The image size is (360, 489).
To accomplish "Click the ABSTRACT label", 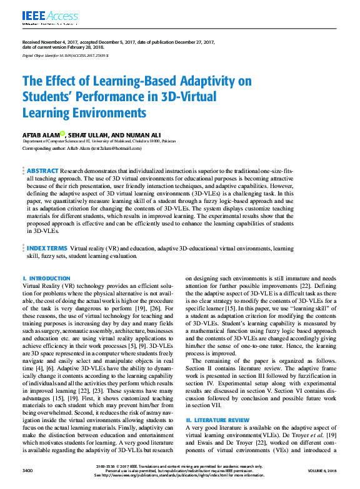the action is click(x=42, y=170).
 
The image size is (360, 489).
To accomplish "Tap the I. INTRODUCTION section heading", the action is click(x=46, y=278).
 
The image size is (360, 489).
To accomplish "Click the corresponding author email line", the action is click(x=82, y=149).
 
